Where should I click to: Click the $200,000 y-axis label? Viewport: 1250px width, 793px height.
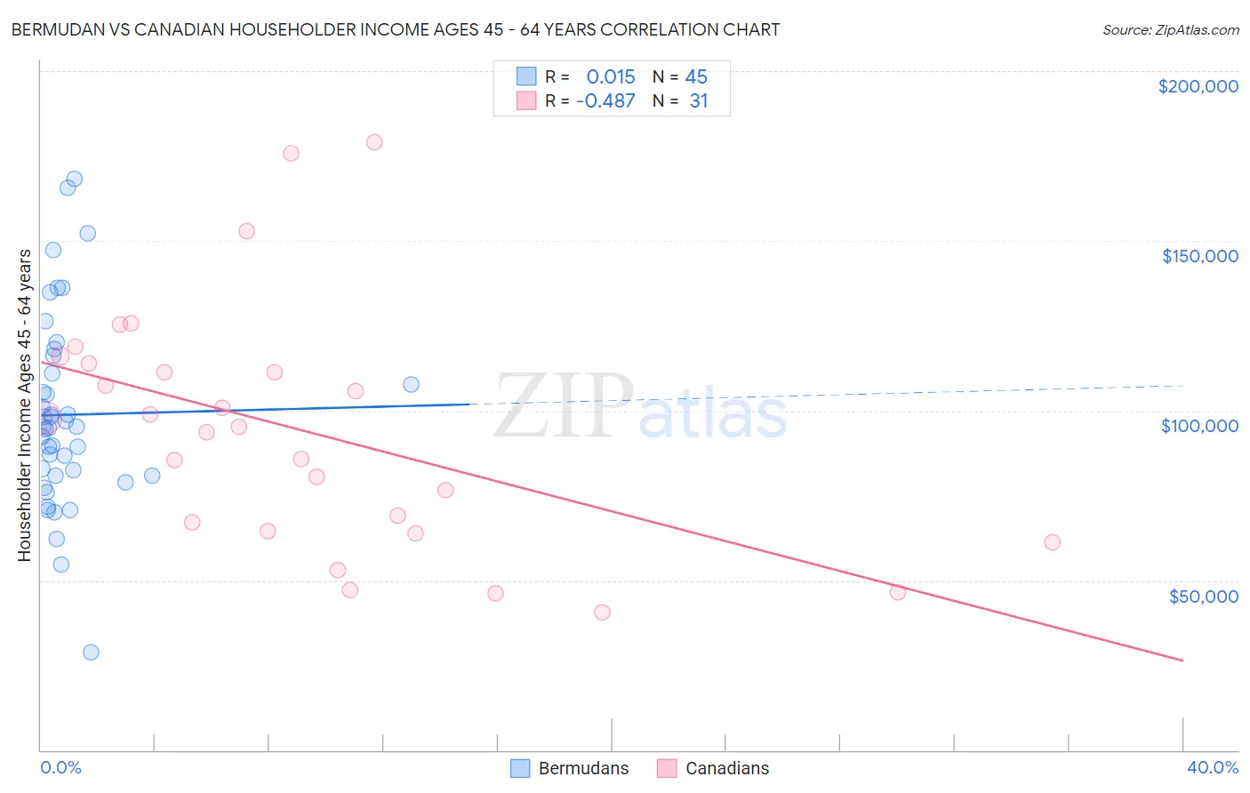[x=1198, y=86]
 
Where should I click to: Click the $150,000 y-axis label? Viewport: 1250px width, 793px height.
[x=1199, y=256]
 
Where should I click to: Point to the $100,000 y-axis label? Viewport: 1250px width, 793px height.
[x=1199, y=426]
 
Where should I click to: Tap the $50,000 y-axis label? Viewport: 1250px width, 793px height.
[x=1203, y=596]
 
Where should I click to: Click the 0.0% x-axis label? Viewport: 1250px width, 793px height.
[x=60, y=767]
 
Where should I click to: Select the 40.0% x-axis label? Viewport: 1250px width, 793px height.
[x=1212, y=767]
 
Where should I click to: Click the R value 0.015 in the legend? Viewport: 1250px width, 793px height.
[x=610, y=77]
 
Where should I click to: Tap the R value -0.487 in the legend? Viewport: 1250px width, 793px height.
[x=605, y=101]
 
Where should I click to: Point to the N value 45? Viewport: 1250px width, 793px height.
[x=696, y=77]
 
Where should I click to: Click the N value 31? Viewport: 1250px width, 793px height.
[x=699, y=101]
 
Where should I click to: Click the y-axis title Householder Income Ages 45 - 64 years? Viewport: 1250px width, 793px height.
[x=24, y=405]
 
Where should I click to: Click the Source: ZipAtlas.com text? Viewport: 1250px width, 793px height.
[x=1170, y=30]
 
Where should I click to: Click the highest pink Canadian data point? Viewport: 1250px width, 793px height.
[x=374, y=142]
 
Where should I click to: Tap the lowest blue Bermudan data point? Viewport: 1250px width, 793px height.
[x=91, y=653]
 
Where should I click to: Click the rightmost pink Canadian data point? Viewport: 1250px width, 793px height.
[x=1052, y=542]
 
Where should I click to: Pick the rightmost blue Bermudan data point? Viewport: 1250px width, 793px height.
[x=411, y=385]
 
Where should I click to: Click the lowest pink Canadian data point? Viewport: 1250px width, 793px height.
[x=602, y=613]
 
